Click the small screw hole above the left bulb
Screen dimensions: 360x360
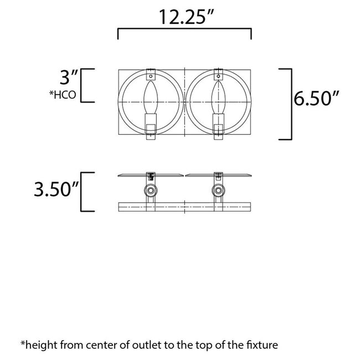pyautogui.click(x=151, y=75)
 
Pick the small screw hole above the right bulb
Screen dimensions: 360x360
pyautogui.click(x=218, y=75)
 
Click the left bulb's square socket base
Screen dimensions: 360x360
pyautogui.click(x=151, y=129)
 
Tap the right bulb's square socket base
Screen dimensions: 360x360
pyautogui.click(x=218, y=129)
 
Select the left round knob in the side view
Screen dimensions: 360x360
pyautogui.click(x=150, y=192)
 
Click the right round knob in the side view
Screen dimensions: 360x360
pyautogui.click(x=217, y=192)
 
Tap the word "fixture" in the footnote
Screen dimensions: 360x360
pyautogui.click(x=262, y=345)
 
